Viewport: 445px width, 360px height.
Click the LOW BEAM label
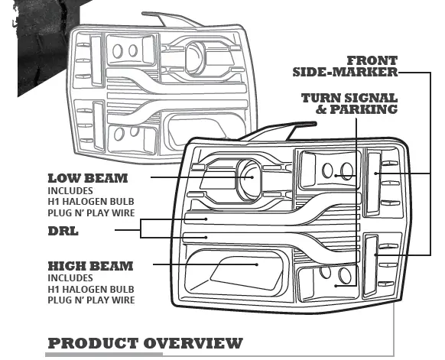[x=87, y=178]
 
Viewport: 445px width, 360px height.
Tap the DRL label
[x=63, y=230]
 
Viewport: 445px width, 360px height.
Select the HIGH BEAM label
[x=90, y=266]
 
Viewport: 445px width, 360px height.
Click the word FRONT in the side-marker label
[x=372, y=60]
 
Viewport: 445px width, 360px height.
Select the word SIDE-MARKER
[x=345, y=72]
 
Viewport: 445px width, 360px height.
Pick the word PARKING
[x=370, y=109]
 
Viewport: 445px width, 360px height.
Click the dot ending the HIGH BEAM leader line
[x=255, y=264]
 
